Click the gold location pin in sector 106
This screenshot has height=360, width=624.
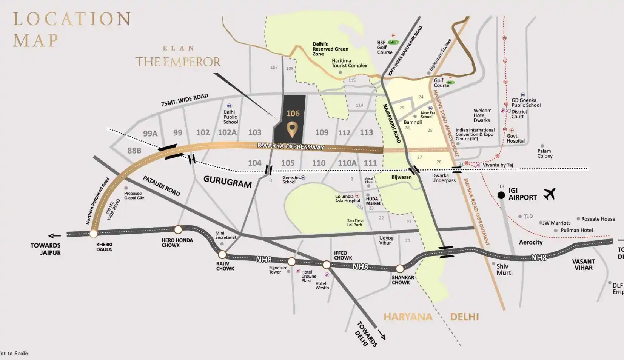291,129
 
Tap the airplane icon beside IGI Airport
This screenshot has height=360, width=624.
549,194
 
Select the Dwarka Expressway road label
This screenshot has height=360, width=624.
291,146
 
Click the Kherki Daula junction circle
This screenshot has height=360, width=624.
94,234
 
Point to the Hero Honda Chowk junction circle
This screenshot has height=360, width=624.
178,229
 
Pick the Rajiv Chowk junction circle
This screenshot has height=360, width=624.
222,254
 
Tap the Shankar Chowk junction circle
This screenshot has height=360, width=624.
399,269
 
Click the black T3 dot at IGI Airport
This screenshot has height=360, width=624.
501,195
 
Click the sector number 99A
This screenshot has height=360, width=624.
150,134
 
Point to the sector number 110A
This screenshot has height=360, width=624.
347,163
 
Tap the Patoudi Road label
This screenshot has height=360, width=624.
161,186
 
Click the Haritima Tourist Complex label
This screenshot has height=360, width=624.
349,63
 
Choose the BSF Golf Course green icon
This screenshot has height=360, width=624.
393,42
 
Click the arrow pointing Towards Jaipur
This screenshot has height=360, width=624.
55,236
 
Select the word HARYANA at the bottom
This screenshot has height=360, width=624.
408,317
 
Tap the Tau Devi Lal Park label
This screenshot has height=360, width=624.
355,223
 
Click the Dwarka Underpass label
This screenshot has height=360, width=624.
444,178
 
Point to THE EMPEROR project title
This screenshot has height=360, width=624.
178,62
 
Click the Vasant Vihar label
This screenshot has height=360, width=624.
583,264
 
